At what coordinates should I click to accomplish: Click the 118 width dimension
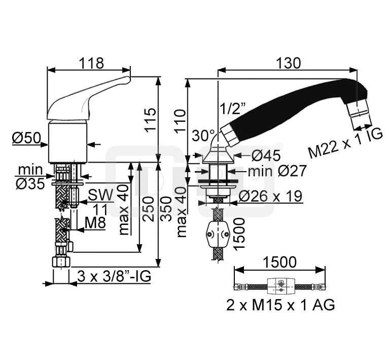point(92,63)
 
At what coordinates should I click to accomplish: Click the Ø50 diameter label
point(24,138)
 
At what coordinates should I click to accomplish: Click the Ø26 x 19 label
point(270,195)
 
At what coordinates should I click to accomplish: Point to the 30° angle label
point(203,136)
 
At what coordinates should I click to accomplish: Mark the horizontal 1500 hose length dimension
point(280,263)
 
